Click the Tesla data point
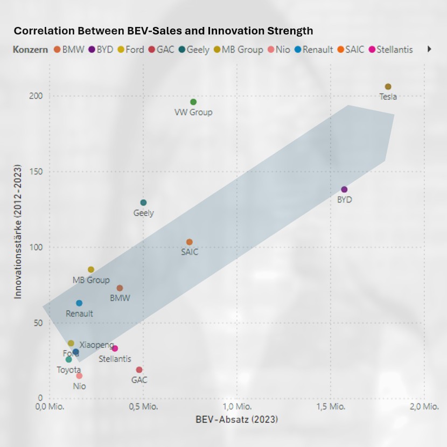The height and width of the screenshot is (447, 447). [x=388, y=87]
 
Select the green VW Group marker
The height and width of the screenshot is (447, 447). [x=193, y=102]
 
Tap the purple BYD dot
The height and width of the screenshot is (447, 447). [x=344, y=190]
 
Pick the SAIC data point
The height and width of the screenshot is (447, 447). [x=189, y=242]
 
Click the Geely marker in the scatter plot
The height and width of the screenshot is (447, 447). [x=143, y=203]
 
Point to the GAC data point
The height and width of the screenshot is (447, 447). [x=139, y=370]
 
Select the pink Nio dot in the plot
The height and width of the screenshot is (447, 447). [x=79, y=376]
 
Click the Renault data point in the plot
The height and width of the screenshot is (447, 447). [x=79, y=303]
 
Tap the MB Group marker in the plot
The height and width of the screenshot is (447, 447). [x=91, y=269]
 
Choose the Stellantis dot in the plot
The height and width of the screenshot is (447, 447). [x=115, y=348]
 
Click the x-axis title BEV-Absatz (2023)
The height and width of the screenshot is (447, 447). [x=237, y=419]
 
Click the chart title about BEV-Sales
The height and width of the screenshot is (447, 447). [x=163, y=31]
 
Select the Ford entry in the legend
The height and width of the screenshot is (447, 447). [x=130, y=50]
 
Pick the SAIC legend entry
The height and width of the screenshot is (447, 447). [x=351, y=50]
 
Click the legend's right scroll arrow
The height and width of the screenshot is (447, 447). [x=429, y=49]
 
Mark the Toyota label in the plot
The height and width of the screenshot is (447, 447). [x=69, y=370]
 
